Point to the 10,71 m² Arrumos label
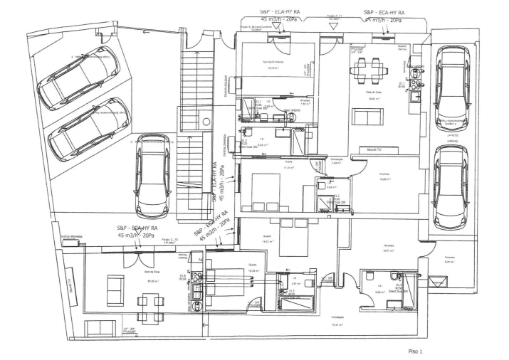click(388, 249)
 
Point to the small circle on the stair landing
click(206, 122)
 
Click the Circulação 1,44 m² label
click(337, 161)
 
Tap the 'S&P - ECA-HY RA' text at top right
click(384, 13)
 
